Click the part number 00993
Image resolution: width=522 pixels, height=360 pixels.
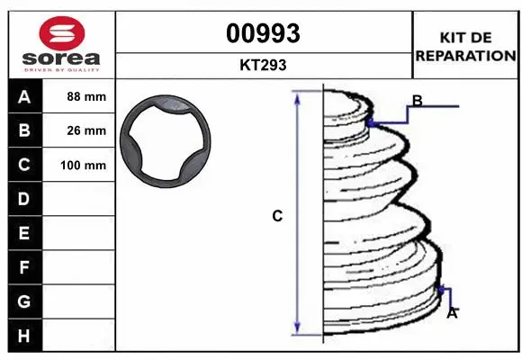point(263,33)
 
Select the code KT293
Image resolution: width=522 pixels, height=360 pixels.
point(264,65)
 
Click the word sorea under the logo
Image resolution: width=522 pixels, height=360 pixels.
point(60,58)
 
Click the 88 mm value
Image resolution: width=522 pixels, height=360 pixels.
point(86,96)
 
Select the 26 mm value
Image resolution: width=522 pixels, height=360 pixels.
point(86,130)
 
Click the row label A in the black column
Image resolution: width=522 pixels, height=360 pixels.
point(24,96)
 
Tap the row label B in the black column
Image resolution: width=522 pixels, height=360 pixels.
point(24,130)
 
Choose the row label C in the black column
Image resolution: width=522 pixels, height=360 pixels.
point(24,165)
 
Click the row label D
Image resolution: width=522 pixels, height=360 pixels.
point(24,199)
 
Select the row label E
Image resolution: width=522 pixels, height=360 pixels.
point(24,233)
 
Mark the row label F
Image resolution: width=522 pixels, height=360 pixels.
point(24,267)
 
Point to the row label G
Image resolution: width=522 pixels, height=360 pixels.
point(24,301)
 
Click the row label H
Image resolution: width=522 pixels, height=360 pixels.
point(24,336)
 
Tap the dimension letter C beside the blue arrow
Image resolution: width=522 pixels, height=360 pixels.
point(278,216)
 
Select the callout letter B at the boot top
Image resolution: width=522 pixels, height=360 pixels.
point(418,100)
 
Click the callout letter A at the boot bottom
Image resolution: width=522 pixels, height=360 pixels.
point(453,313)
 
